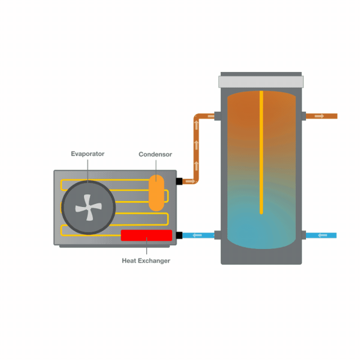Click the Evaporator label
point(87,154)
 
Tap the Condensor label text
point(155,154)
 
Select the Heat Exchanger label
point(146,261)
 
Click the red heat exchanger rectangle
point(146,235)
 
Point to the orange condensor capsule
point(157,192)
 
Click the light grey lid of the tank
point(261,82)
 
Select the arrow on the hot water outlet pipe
point(319,116)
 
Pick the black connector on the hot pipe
point(179,181)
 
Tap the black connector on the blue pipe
point(179,235)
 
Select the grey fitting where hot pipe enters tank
point(218,116)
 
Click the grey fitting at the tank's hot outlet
point(304,116)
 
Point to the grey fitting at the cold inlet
point(304,235)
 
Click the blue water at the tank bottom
point(261,229)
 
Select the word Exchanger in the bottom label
point(154,261)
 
